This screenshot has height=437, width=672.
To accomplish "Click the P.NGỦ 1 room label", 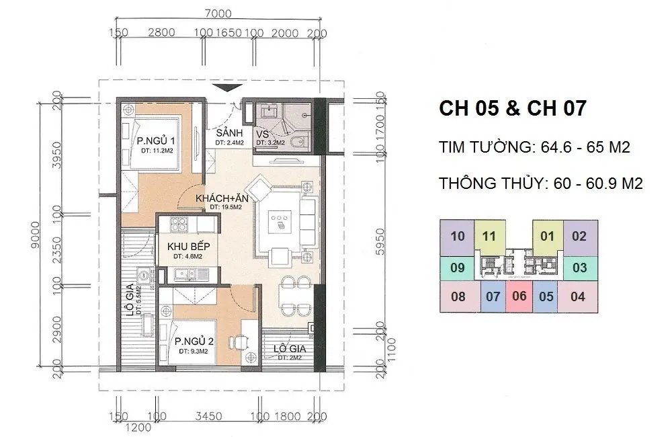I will [x=156, y=141].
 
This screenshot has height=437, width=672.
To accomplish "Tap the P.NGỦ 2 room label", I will [x=194, y=341].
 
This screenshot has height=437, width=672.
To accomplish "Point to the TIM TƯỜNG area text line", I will [x=534, y=147].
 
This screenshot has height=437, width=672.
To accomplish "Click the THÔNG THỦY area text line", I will [x=540, y=184].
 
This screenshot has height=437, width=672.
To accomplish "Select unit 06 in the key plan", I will [x=519, y=296].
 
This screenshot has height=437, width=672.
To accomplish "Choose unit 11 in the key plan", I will [x=489, y=237].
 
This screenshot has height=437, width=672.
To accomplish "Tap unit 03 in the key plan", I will [x=579, y=268].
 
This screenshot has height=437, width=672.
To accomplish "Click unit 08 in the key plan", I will [x=458, y=296].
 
